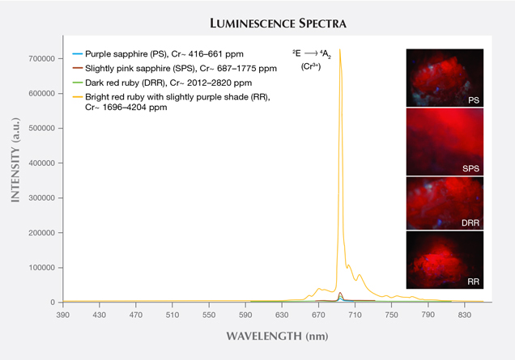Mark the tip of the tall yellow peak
[339, 50]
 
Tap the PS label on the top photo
[471, 101]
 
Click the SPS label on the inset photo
[470, 168]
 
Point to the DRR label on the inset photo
[469, 223]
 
